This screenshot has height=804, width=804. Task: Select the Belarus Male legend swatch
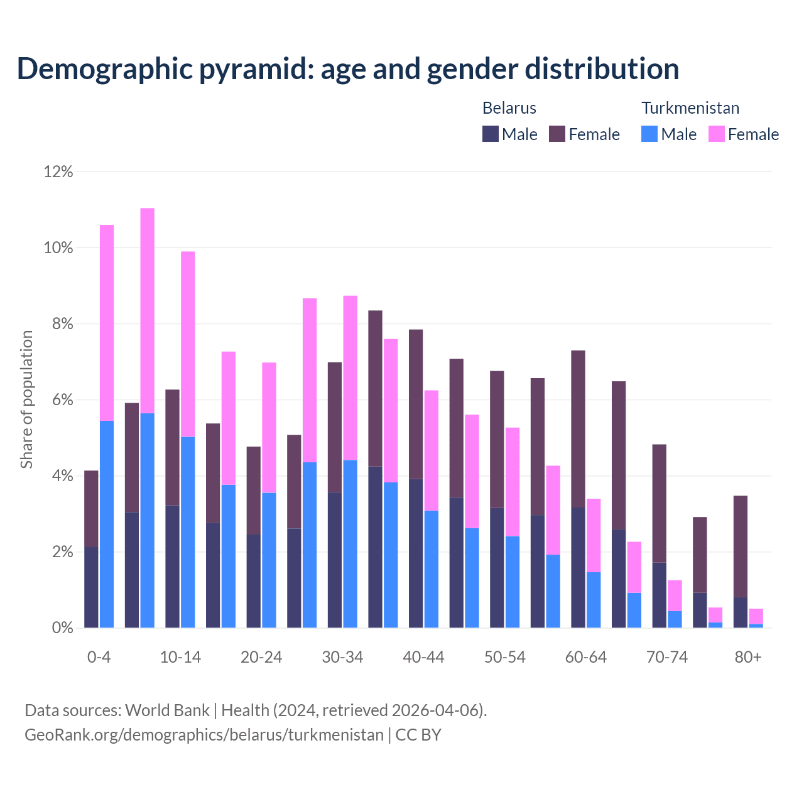[491, 134]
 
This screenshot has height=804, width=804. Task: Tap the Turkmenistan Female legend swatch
[716, 134]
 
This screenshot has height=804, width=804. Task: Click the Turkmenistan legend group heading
[690, 108]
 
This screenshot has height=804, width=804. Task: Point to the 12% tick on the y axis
[58, 171]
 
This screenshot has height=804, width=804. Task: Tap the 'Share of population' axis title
[26, 399]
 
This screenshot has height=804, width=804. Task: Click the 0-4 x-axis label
[99, 657]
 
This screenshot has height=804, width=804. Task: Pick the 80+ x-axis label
[747, 657]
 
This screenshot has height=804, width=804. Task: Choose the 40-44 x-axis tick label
[423, 657]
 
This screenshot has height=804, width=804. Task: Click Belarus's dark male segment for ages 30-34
[335, 560]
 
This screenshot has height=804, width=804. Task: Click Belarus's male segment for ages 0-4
[91, 587]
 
